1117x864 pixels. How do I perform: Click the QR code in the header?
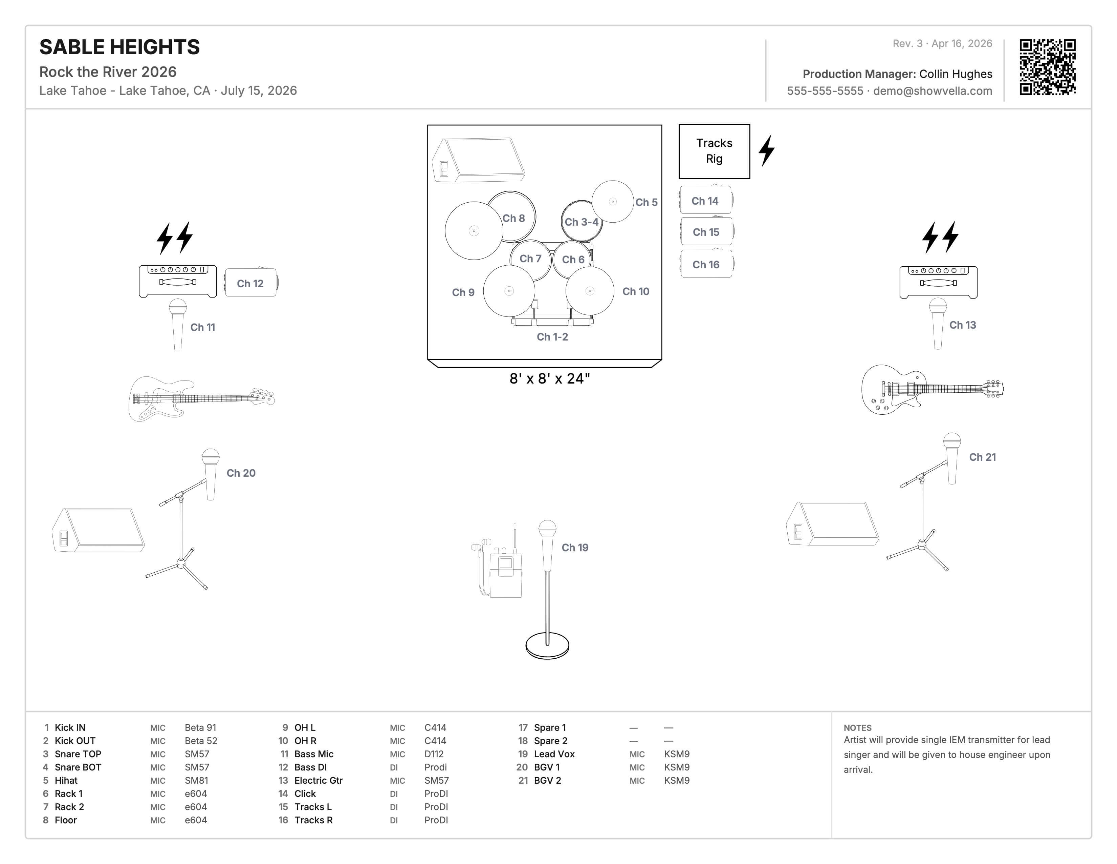[x=1048, y=67]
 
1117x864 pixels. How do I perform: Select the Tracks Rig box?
[x=714, y=151]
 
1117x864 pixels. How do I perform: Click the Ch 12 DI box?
[x=250, y=283]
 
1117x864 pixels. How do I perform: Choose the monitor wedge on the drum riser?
[x=478, y=160]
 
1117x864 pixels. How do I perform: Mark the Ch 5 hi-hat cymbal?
[x=613, y=202]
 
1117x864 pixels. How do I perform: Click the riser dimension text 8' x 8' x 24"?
[x=549, y=379]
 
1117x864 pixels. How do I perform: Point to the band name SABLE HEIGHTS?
[x=120, y=47]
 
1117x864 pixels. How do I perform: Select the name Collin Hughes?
[x=956, y=74]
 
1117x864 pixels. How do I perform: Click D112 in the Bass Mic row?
[x=434, y=754]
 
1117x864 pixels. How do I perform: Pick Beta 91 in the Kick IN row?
[x=200, y=727]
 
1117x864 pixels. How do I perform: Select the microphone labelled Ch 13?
[x=938, y=323]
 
